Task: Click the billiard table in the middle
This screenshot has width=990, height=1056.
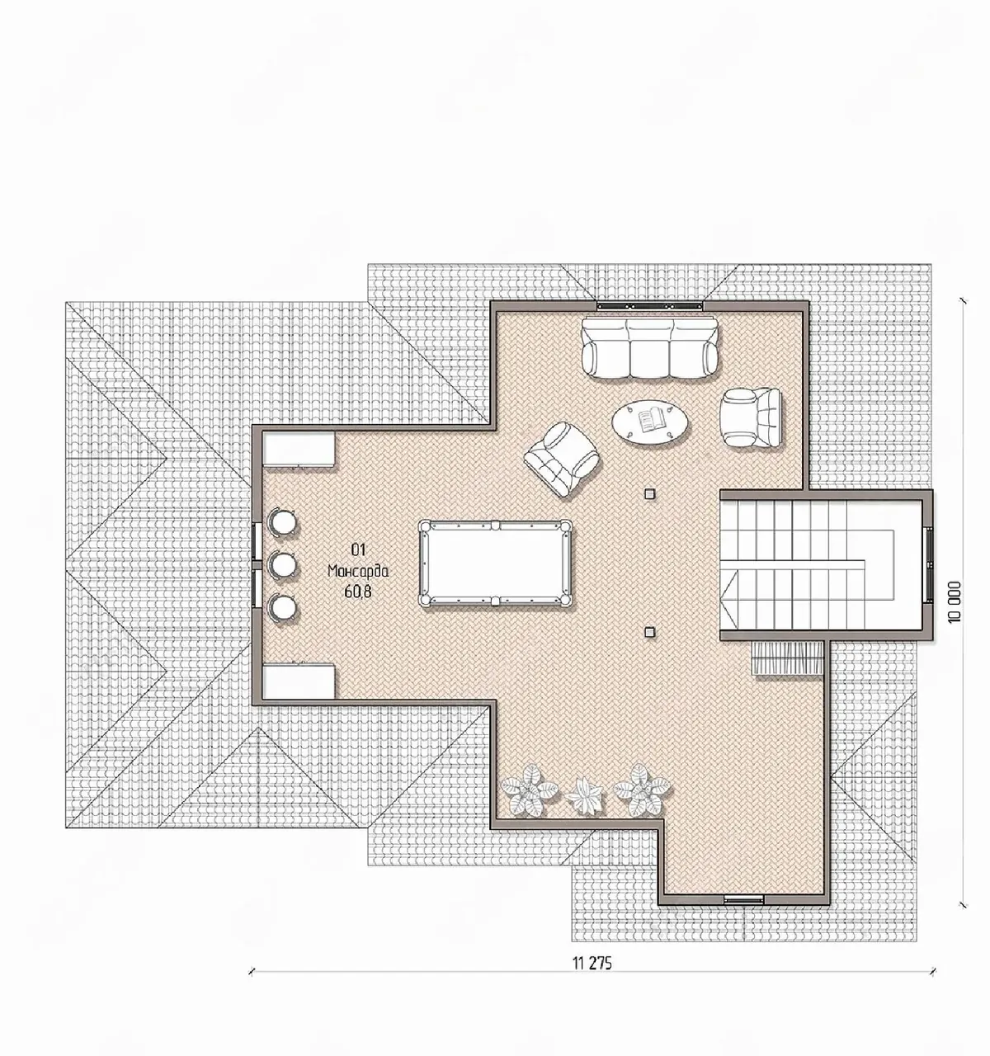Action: tap(495, 563)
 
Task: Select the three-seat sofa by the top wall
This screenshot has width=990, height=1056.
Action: tap(649, 348)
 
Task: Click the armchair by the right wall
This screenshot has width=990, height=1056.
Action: tap(751, 417)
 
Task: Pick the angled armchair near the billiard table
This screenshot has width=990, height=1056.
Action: tap(562, 459)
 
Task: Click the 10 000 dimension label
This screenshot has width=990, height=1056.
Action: tap(955, 601)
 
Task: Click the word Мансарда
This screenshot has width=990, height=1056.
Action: tap(358, 571)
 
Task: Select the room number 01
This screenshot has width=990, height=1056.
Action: tap(359, 549)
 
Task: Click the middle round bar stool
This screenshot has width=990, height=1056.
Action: tap(282, 563)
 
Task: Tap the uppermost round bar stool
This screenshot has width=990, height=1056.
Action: tap(282, 521)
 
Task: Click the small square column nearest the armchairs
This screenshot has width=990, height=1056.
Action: tap(649, 494)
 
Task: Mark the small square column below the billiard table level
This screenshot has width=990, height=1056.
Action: tap(649, 632)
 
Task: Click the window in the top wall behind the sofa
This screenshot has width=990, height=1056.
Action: tap(649, 305)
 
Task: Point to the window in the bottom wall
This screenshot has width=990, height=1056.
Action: tap(743, 899)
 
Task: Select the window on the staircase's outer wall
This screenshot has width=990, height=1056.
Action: tap(928, 563)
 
